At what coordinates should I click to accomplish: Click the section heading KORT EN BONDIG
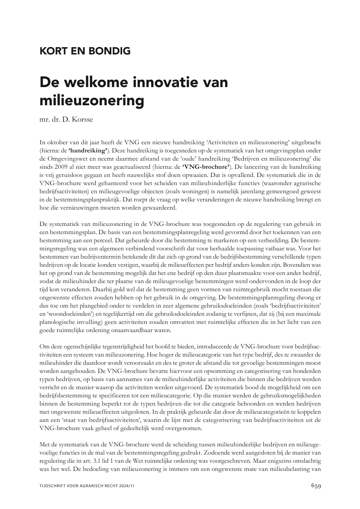pos(85,51)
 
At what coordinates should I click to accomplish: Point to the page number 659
pos(316,485)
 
